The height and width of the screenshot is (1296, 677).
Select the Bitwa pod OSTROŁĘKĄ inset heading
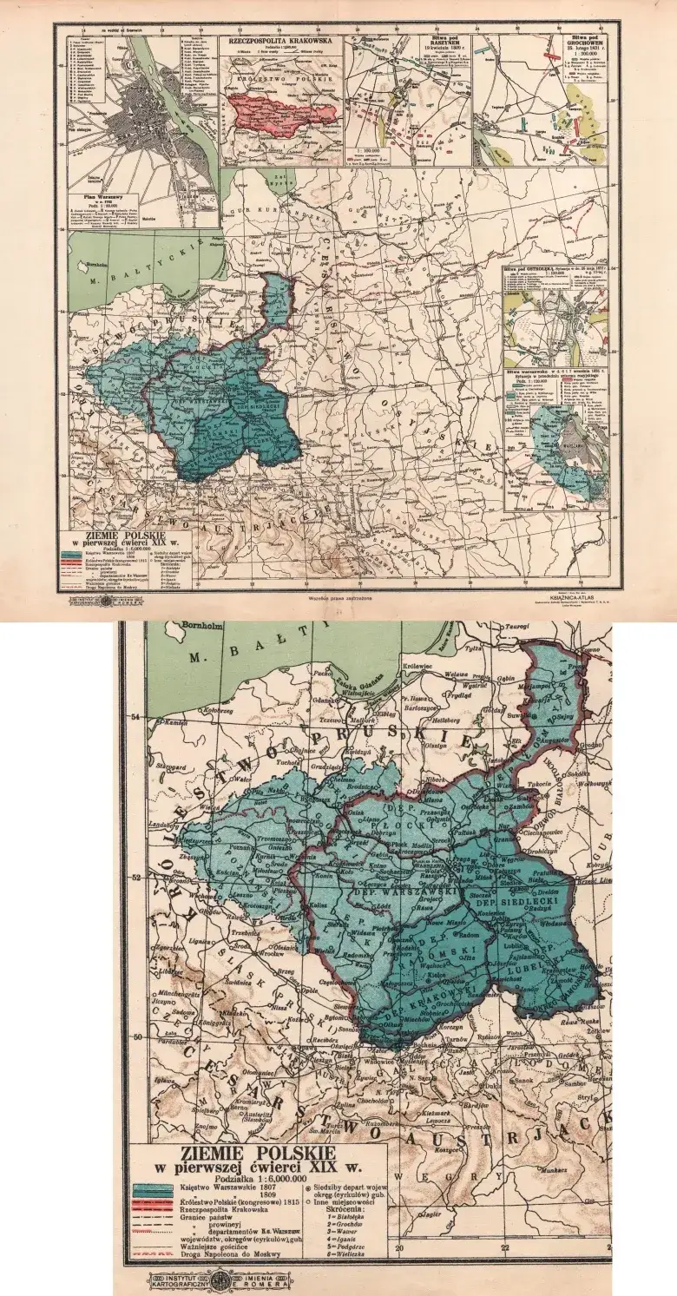point(556,269)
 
